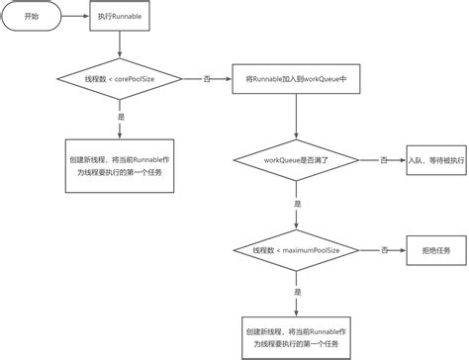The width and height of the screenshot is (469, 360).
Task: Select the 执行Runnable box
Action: click(x=119, y=19)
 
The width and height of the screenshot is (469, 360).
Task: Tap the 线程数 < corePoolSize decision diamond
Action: click(x=119, y=77)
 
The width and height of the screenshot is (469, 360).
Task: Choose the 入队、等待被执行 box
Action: click(x=434, y=158)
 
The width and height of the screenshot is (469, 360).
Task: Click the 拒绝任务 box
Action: click(x=434, y=251)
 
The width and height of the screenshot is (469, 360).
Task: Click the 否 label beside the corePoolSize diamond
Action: click(x=206, y=77)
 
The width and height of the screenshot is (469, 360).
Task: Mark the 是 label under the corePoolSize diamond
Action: click(x=120, y=118)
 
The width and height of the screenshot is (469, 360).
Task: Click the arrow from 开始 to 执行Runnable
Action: click(x=76, y=19)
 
